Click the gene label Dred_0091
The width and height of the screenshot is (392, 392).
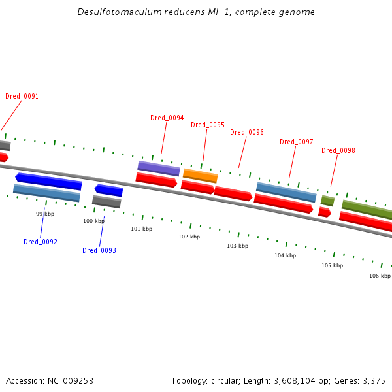point(22,96)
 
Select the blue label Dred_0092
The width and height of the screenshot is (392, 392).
point(41,242)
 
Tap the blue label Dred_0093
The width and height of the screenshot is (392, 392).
point(99,250)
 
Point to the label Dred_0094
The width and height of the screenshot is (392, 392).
point(167,118)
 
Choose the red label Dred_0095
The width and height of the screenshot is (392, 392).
point(207,125)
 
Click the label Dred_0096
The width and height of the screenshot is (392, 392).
point(247,132)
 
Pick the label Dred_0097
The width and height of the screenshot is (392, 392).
point(297,142)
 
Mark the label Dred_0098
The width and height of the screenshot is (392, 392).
point(338,150)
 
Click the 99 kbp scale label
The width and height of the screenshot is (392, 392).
point(44,214)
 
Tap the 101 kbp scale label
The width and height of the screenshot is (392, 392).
point(141,229)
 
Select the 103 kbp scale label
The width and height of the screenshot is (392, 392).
point(237,246)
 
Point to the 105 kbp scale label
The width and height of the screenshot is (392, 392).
point(332,265)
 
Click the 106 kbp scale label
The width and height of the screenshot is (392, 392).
point(380,276)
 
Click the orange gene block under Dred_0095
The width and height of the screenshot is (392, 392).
point(200,175)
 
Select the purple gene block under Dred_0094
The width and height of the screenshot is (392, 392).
point(158,169)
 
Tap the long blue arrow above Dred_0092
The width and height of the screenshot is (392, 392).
point(48,181)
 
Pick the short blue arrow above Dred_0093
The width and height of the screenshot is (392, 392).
point(109,190)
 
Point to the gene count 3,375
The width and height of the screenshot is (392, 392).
point(373,380)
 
